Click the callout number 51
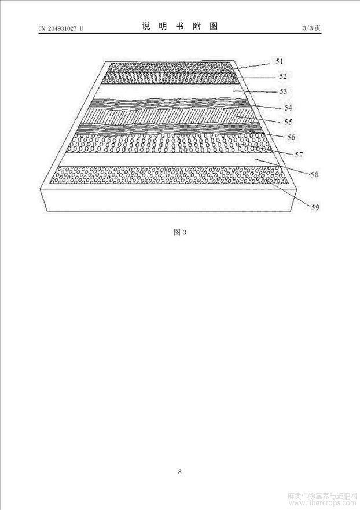coord(280,61)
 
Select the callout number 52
coord(283,76)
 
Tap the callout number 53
coord(283,91)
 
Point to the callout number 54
coord(288,107)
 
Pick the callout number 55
coord(288,122)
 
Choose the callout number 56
coord(291,137)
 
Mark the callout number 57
coord(299,155)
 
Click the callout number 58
coord(314,175)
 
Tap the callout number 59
coord(315,207)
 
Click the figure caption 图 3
coord(180,232)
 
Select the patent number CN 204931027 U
coord(61,28)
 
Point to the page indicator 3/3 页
coord(311,28)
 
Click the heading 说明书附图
coord(180,26)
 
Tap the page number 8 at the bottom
coord(180,471)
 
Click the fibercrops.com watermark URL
coord(322,502)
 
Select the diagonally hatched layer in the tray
coord(169,118)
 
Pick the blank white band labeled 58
coord(170,159)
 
